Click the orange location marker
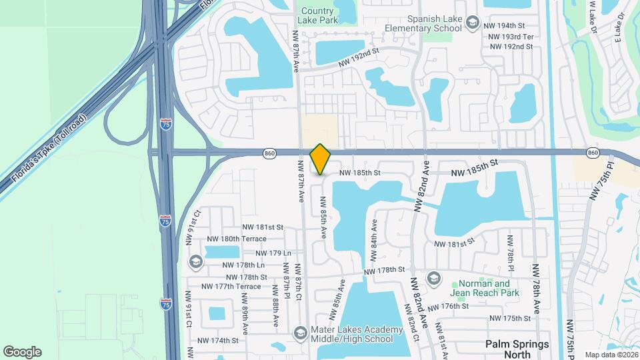coord(321,159)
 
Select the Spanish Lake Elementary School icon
coord(473,23)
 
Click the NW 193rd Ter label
coord(511,35)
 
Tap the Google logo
coord(22,352)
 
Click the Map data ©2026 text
coord(611,355)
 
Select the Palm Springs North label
coord(517,349)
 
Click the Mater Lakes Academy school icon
coord(301,332)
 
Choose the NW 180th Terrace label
coord(237,239)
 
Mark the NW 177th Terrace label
coord(231,287)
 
